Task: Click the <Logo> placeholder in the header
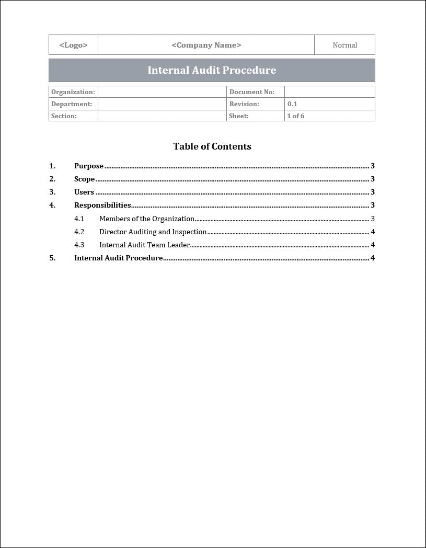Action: coord(73,45)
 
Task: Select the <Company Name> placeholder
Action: coord(206,45)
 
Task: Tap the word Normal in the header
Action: coord(344,45)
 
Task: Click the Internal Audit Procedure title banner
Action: coord(212,70)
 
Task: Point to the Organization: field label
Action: coord(73,92)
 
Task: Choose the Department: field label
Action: coord(72,104)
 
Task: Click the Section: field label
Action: coord(64,116)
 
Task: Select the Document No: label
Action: coord(252,92)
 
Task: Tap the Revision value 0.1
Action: coord(292,104)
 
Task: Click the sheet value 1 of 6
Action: coord(296,116)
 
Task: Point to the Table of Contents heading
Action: coord(212,146)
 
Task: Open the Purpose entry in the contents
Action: coord(89,166)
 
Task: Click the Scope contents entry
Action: coord(84,179)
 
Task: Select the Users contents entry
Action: coord(84,192)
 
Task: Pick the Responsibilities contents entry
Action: coord(102,206)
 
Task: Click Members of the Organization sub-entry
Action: coord(147,219)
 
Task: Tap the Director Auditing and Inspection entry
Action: coord(153,232)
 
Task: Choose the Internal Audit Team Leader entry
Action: coord(144,245)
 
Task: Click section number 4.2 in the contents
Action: coord(79,232)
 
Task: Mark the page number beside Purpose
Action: coord(373,166)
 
